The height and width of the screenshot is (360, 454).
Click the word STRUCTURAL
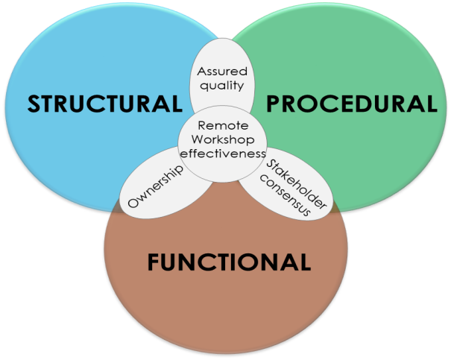click(x=104, y=104)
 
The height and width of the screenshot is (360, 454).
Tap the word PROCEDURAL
click(x=351, y=104)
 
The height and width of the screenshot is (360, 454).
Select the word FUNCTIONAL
click(x=229, y=262)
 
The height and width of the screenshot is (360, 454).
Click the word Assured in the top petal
click(x=221, y=72)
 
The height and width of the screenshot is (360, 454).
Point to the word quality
click(x=221, y=85)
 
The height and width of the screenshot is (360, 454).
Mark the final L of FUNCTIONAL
click(x=304, y=262)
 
